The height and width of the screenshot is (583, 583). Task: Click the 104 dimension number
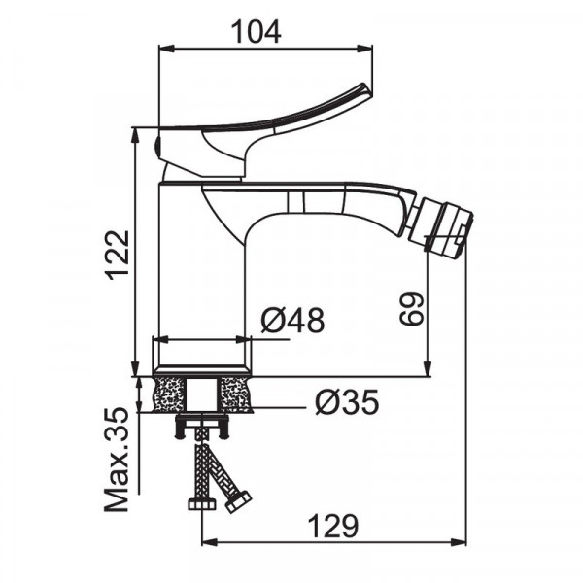(256, 32)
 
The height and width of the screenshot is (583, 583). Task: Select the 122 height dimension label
(118, 256)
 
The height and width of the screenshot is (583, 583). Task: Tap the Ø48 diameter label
(292, 320)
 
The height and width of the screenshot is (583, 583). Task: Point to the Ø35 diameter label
(347, 402)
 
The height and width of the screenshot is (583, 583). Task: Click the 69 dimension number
(412, 309)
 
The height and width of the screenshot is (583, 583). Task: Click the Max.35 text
(117, 460)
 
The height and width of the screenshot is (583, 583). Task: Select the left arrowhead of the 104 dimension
(166, 49)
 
